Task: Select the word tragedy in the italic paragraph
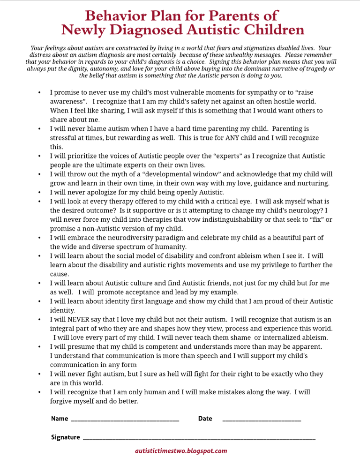point(314,68)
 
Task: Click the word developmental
point(169,174)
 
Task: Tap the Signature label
point(65,437)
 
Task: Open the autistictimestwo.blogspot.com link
point(180,451)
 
